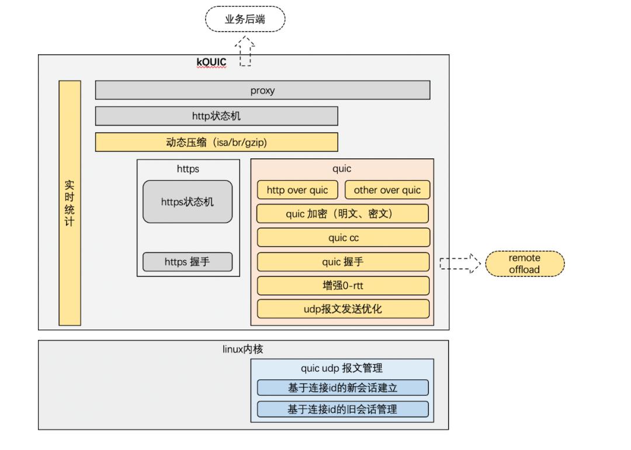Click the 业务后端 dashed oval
[245, 19]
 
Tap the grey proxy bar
[262, 90]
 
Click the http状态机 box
[216, 116]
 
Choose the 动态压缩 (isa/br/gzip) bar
[216, 142]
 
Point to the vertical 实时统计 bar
[70, 203]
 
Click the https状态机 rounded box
[187, 202]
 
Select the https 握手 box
[187, 262]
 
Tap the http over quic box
[297, 190]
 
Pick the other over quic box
[387, 190]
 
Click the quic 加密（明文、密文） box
[343, 213]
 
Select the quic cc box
[343, 237]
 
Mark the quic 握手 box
[343, 262]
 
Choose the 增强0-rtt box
[343, 286]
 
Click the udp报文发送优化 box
[343, 309]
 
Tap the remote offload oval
[525, 264]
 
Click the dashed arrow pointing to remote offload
[459, 264]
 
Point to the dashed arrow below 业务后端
[245, 51]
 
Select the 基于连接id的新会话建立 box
[342, 387]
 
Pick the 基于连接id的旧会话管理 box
[342, 409]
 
